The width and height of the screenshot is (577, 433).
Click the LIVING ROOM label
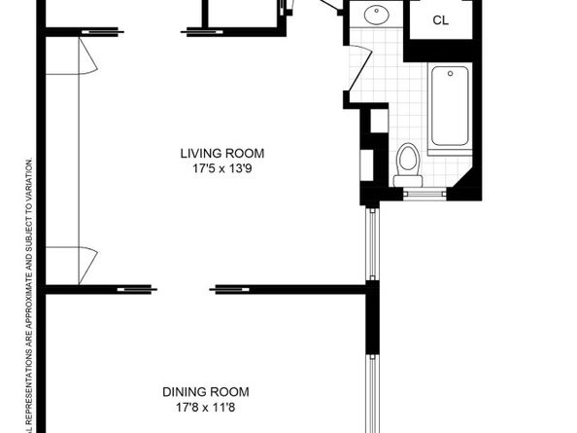(221, 153)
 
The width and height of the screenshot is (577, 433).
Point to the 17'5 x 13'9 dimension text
(221, 167)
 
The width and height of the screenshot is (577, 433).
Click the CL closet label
(440, 20)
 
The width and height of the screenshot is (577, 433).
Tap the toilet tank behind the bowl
(410, 179)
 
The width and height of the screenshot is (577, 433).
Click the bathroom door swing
(357, 68)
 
